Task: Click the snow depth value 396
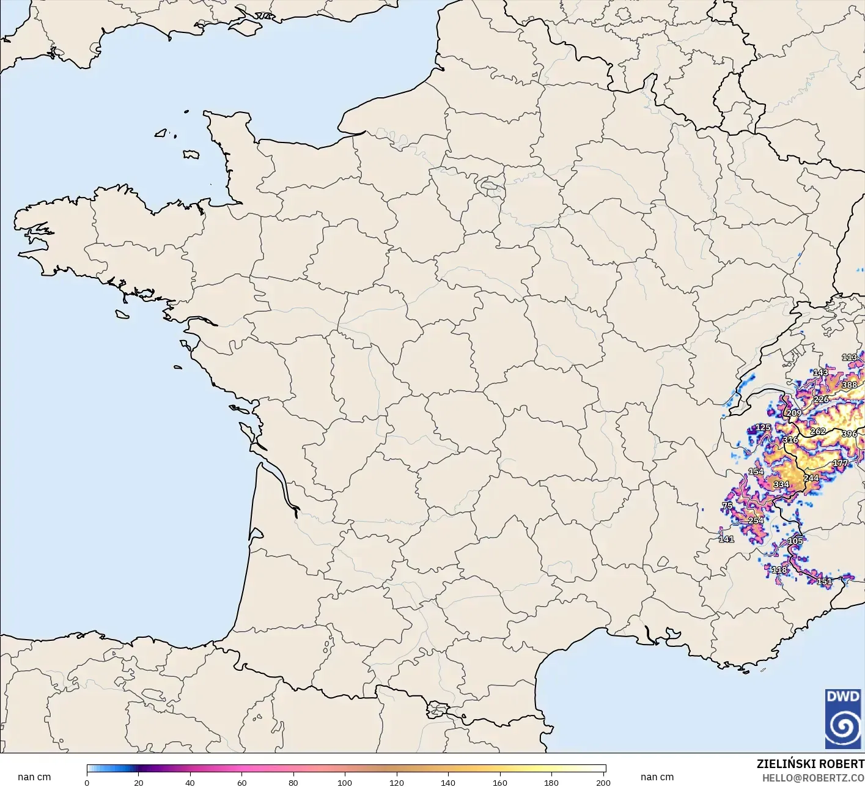849,434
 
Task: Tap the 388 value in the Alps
849,385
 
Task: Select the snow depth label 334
781,484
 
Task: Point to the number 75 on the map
727,506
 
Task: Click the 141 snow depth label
726,539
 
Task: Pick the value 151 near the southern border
824,582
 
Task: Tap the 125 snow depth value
763,427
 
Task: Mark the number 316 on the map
790,439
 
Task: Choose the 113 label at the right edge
849,357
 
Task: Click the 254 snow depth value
756,520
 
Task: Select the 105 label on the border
795,541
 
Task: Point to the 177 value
840,463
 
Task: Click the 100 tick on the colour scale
345,782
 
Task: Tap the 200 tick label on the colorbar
603,782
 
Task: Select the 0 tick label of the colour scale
87,782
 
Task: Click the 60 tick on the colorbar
241,782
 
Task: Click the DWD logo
843,719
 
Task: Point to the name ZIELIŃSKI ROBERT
810,764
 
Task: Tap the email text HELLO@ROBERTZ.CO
813,778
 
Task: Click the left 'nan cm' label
34,777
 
